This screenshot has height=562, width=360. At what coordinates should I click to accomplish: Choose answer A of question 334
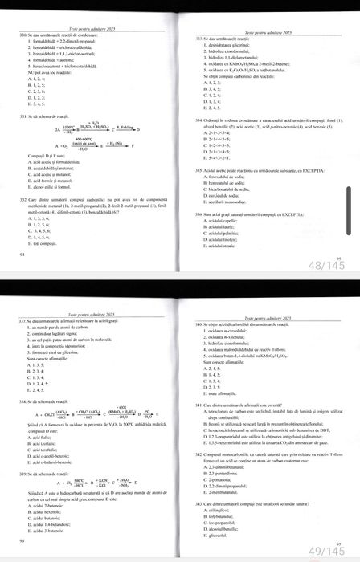pos(215,132)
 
